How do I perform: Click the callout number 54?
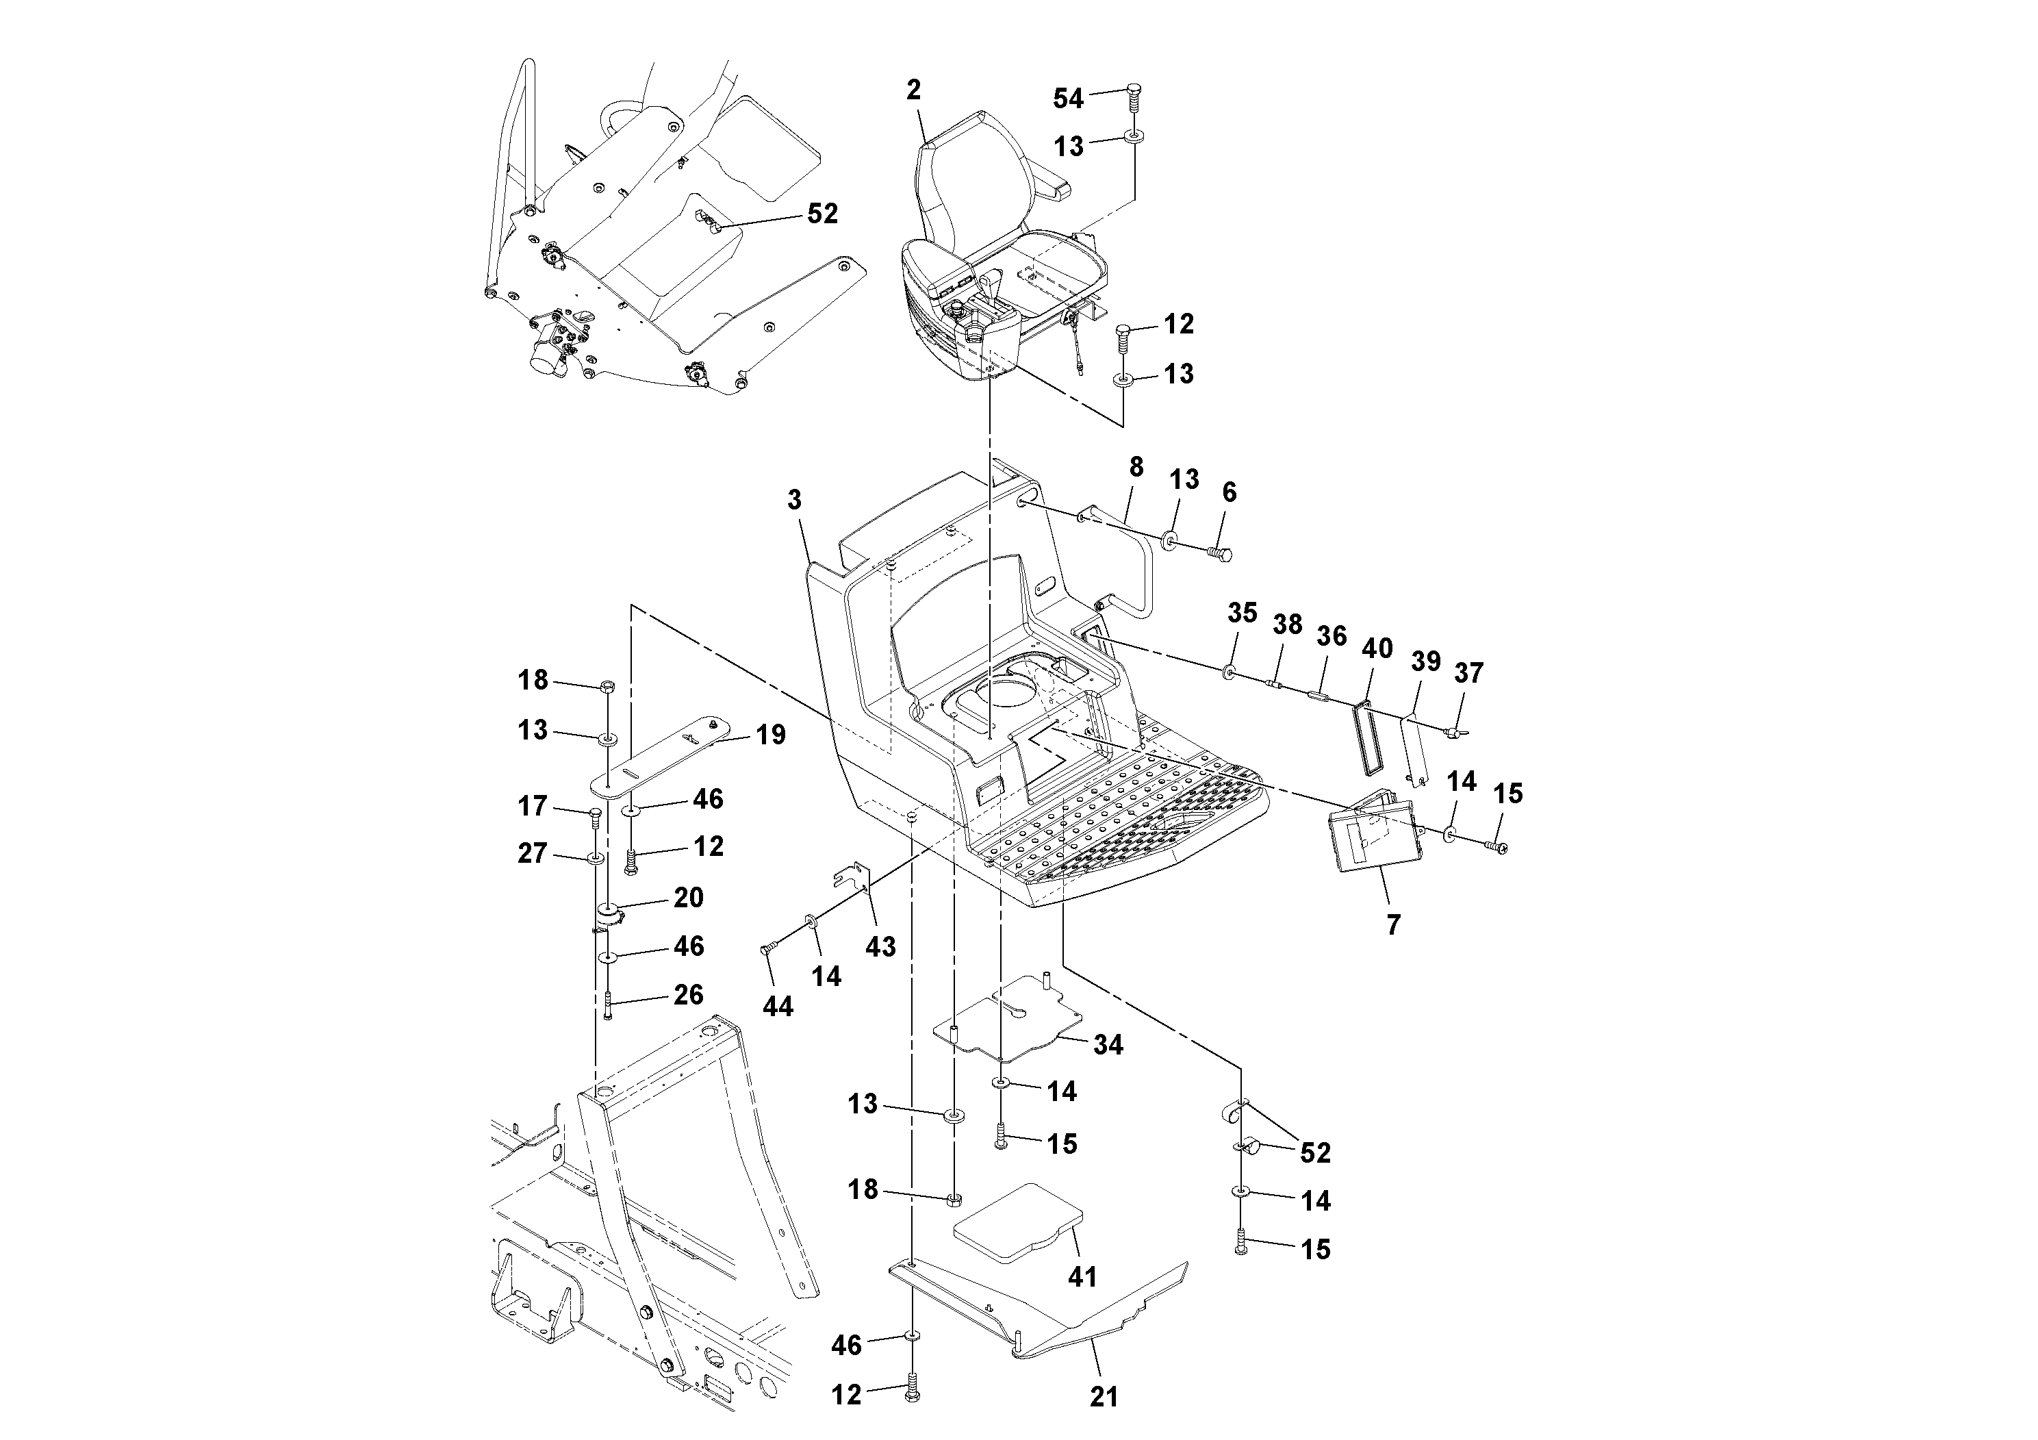click(x=1068, y=99)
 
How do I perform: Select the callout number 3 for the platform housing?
click(x=793, y=501)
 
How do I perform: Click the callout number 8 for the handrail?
click(x=1135, y=467)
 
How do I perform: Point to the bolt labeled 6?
click(x=1221, y=554)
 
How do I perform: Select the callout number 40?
click(x=1377, y=649)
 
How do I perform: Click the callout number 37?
click(x=1468, y=674)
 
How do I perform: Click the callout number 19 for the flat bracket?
click(x=770, y=735)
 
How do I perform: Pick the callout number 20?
click(x=688, y=898)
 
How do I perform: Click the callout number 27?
click(x=532, y=854)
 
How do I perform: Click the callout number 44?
click(x=778, y=1006)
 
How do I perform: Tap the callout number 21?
click(x=1104, y=1398)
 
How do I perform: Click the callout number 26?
click(x=688, y=994)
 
